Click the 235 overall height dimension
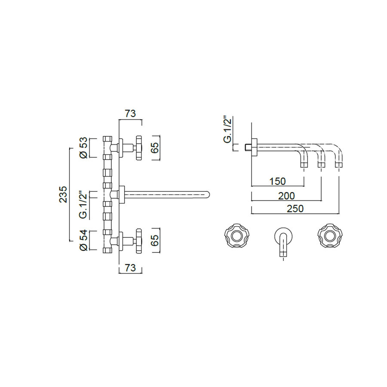click(x=63, y=194)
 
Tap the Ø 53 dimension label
click(x=84, y=147)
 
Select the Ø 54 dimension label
click(x=84, y=240)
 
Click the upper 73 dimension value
click(x=130, y=114)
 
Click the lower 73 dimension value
click(x=130, y=268)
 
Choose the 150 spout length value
click(x=277, y=181)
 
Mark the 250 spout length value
click(x=295, y=209)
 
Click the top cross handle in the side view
click(x=138, y=148)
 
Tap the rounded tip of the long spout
click(x=207, y=195)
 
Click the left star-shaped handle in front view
click(x=236, y=235)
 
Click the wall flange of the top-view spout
click(x=255, y=147)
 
